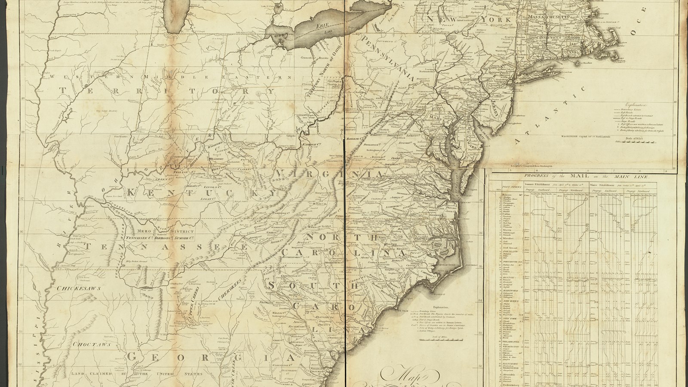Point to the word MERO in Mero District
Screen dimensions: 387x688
[141, 231]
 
